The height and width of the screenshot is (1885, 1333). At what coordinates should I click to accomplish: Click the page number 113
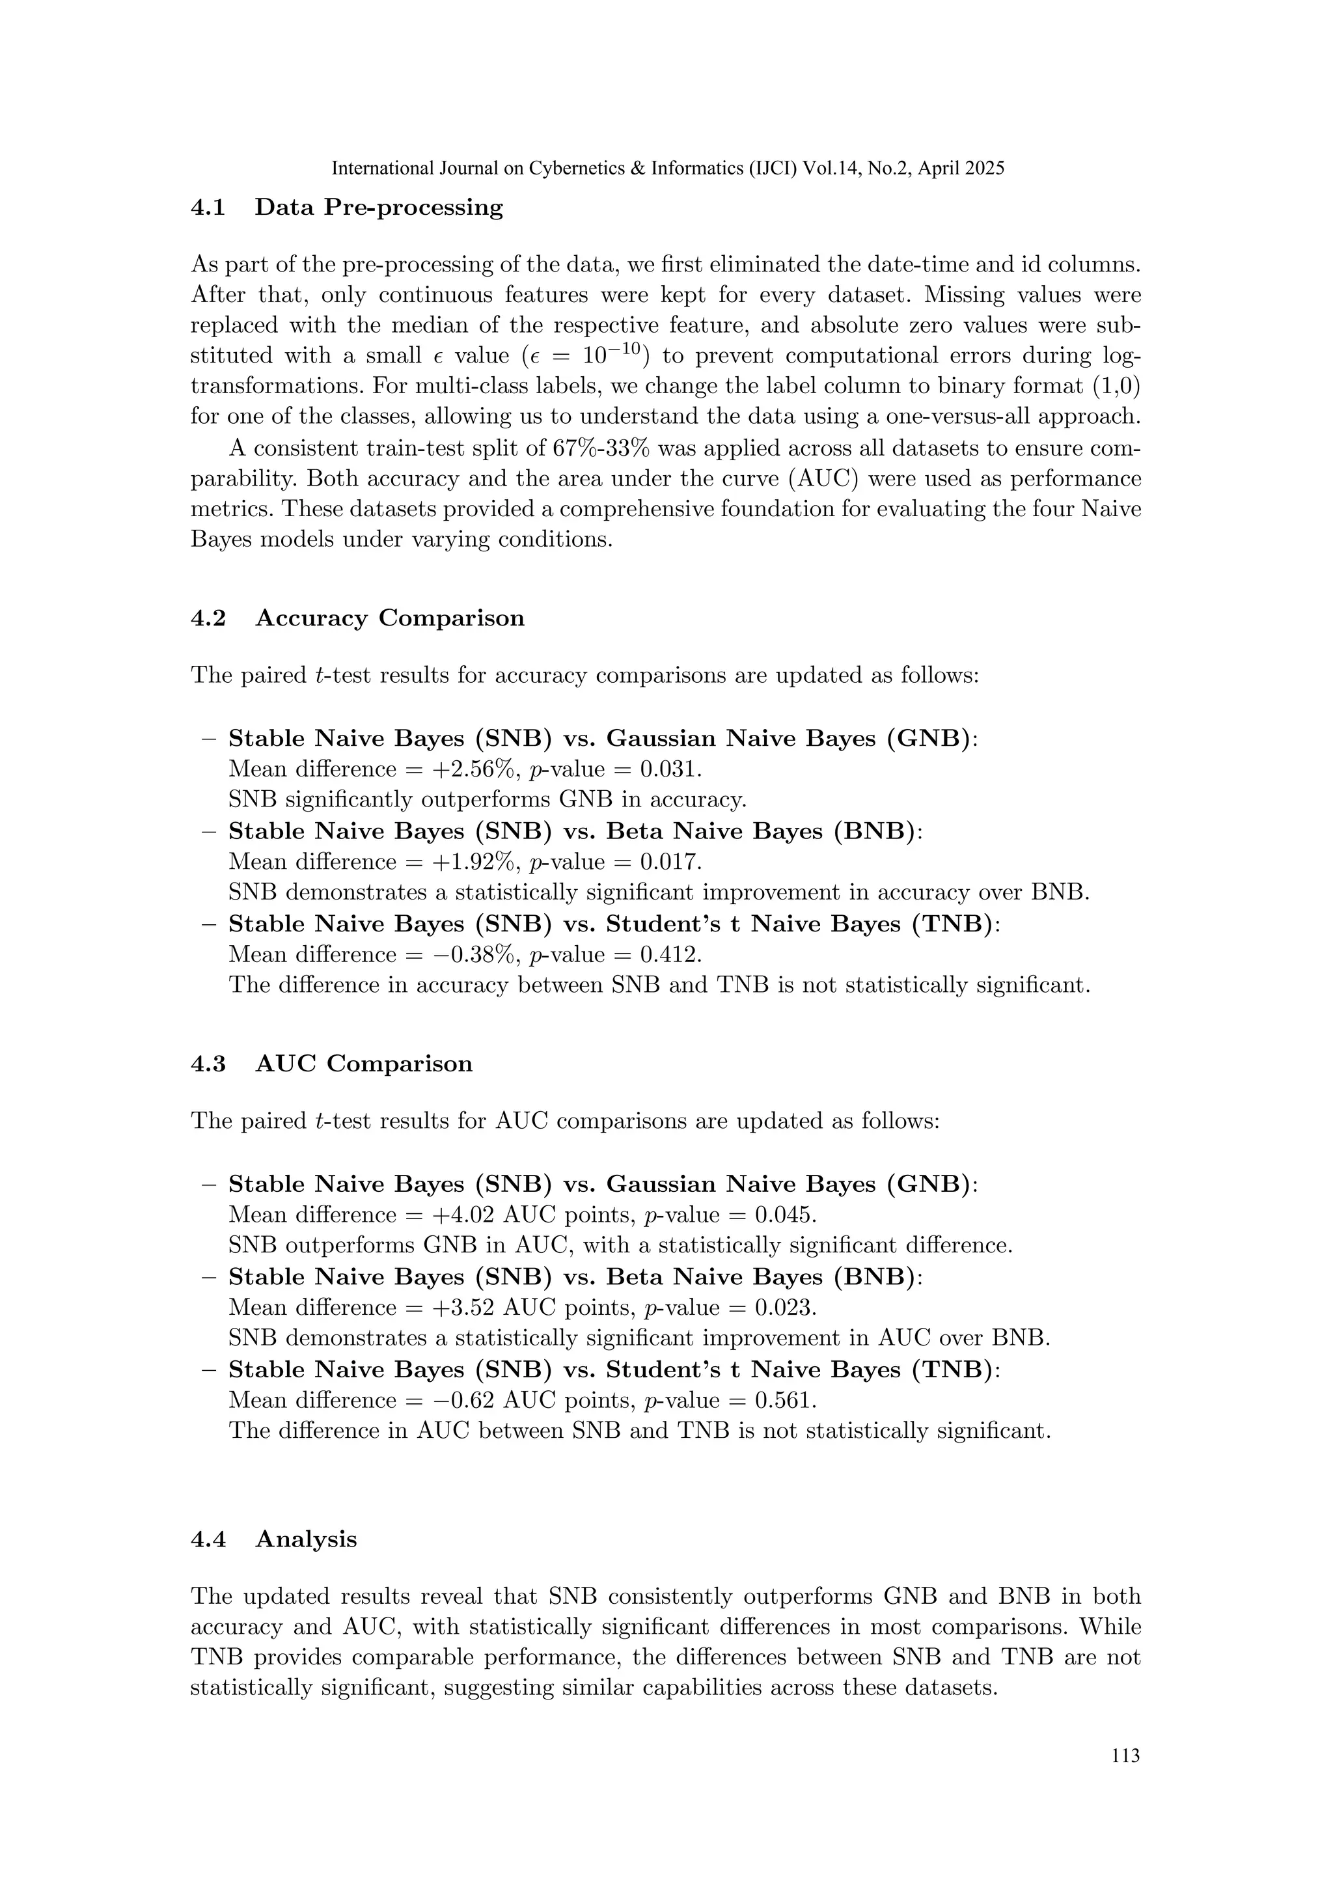click(x=1125, y=1779)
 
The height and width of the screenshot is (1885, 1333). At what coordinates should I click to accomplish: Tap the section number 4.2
click(x=208, y=618)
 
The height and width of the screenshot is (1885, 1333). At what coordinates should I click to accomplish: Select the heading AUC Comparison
click(x=364, y=1064)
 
